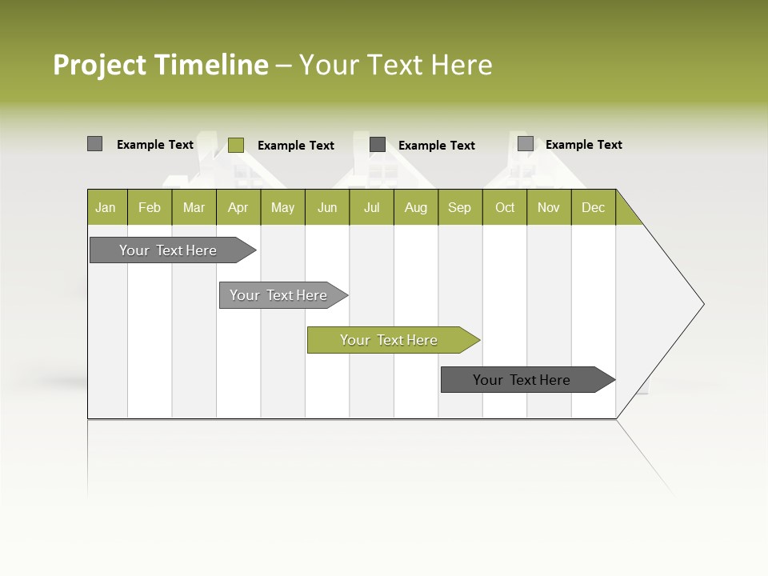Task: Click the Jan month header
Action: [x=106, y=208]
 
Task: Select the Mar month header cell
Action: [x=194, y=208]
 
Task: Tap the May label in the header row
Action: [x=282, y=208]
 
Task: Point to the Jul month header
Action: [x=371, y=208]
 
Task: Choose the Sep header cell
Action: [x=459, y=208]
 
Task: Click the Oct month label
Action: [x=505, y=208]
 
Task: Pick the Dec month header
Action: [x=593, y=208]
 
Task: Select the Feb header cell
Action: [x=150, y=208]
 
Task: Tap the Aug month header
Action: [x=415, y=208]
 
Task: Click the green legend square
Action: [x=235, y=145]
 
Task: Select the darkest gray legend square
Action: [x=378, y=145]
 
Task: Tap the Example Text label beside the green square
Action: [x=295, y=146]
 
